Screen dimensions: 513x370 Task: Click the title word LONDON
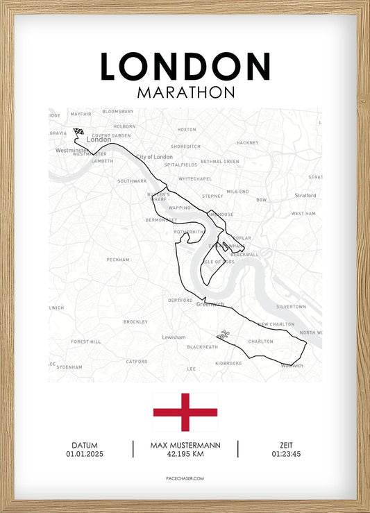[x=185, y=66]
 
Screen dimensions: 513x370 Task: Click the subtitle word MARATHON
[x=185, y=92]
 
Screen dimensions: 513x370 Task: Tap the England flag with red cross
[x=185, y=412]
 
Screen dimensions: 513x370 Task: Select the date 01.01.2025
[x=84, y=454]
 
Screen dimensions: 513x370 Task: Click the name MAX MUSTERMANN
[x=185, y=445]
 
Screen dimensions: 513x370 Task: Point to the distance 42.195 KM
[x=185, y=454]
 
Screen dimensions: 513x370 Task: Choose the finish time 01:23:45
[x=287, y=454]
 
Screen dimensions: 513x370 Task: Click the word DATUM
[x=84, y=445]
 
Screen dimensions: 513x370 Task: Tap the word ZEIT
[x=287, y=445]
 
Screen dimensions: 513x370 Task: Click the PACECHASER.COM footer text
[x=185, y=478]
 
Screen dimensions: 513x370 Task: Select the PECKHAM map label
[x=118, y=260]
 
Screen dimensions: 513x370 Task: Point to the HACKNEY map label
[x=247, y=142]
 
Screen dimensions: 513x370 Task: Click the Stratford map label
[x=304, y=196]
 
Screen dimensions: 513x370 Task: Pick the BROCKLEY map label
[x=135, y=322]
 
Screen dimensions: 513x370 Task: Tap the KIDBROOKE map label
[x=228, y=363]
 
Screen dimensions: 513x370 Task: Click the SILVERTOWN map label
[x=291, y=306]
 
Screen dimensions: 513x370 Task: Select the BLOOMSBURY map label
[x=117, y=111]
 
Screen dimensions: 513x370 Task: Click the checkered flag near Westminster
[x=78, y=131]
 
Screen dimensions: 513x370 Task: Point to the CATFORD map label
[x=136, y=361]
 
